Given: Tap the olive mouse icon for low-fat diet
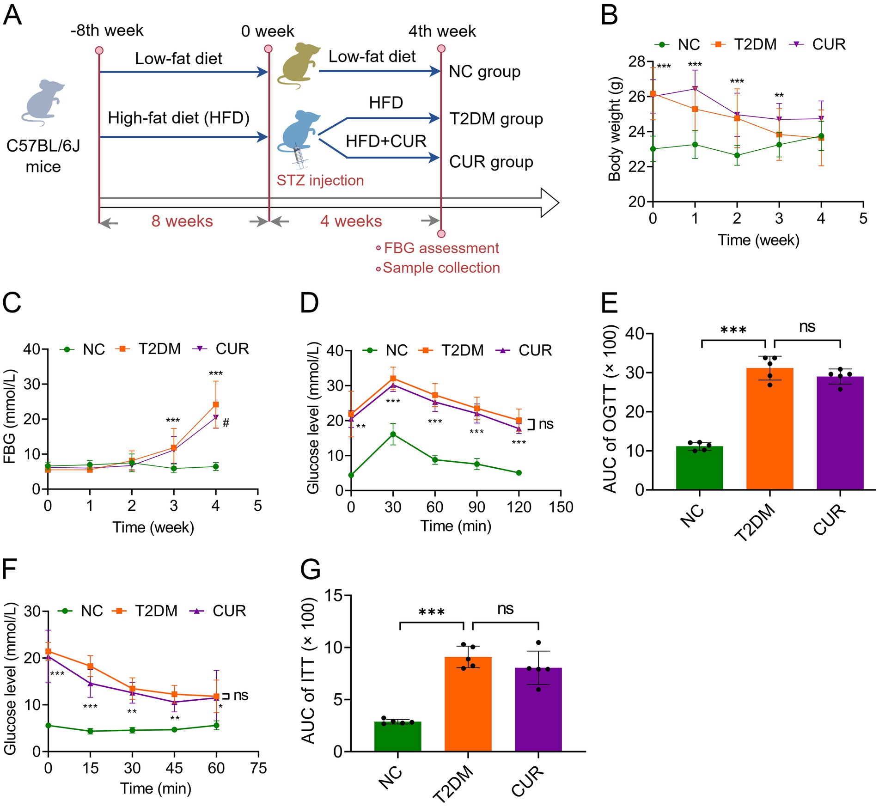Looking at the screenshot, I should click(298, 65).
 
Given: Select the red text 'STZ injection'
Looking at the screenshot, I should click(320, 180).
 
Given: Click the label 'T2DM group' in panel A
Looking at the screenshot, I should click(496, 119).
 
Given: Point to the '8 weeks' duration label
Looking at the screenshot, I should click(182, 221).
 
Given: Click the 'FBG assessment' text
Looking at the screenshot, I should click(441, 248).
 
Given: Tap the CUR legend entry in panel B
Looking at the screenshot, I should click(820, 44).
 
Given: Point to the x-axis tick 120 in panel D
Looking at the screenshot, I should click(519, 507).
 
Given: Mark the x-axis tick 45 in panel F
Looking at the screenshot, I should click(174, 768).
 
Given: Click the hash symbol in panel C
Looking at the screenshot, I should click(226, 422).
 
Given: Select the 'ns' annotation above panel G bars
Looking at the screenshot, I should click(505, 609).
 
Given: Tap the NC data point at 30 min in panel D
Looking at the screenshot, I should click(393, 434).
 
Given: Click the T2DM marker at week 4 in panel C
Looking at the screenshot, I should click(215, 404).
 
